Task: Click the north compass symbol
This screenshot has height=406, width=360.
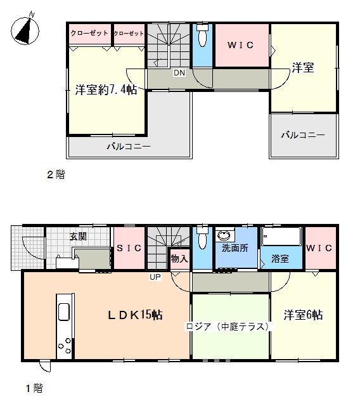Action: click(x=25, y=30)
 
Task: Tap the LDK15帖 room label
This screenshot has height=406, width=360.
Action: click(x=135, y=315)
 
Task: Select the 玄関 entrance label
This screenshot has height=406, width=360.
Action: click(x=78, y=237)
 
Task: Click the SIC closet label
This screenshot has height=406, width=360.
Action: click(x=129, y=248)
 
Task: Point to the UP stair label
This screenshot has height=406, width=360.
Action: click(x=155, y=277)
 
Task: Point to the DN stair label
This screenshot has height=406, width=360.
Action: click(x=179, y=73)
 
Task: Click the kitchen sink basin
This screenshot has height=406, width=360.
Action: click(x=64, y=311)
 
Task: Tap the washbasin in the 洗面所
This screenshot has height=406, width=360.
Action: click(x=224, y=236)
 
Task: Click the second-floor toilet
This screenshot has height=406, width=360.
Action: click(x=202, y=35)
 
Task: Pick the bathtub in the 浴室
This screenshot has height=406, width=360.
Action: click(x=281, y=236)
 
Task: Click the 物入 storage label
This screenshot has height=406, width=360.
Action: click(x=179, y=258)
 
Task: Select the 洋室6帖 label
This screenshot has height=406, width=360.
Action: click(x=303, y=315)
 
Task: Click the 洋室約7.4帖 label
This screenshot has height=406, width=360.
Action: click(x=106, y=89)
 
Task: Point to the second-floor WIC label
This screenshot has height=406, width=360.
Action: click(x=240, y=45)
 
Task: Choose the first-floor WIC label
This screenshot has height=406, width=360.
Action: click(x=319, y=248)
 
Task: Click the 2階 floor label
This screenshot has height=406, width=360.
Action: click(x=56, y=174)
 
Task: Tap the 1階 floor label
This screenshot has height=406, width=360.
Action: click(x=34, y=388)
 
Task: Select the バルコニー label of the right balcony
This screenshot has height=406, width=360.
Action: click(x=303, y=135)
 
